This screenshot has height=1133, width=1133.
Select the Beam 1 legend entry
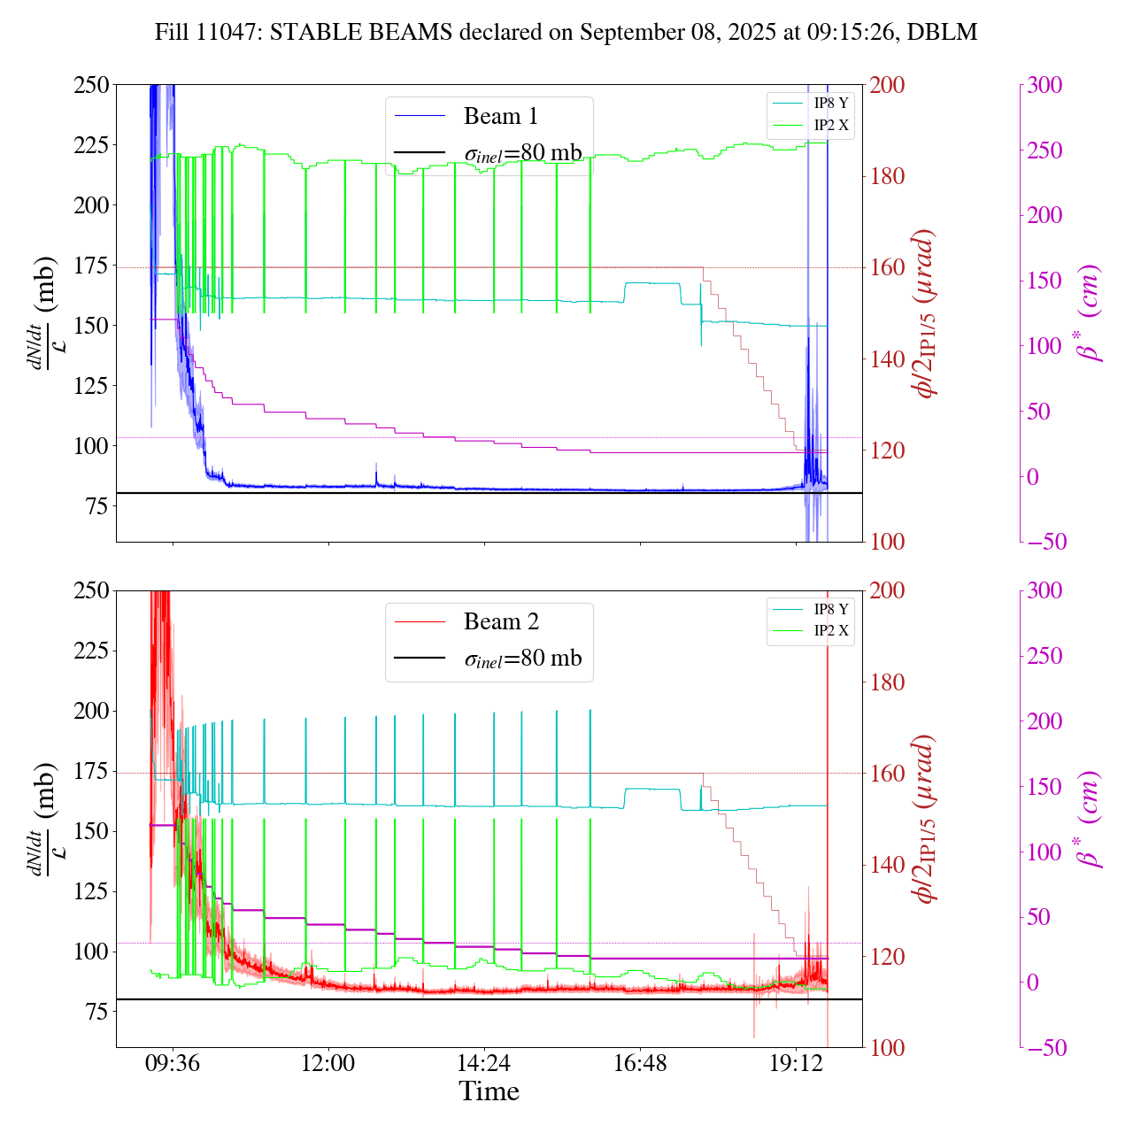pos(500,116)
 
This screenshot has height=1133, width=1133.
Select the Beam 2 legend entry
pos(501,621)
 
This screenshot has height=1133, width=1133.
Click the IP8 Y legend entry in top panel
pos(830,103)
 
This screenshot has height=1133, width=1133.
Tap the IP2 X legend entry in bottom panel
pos(830,631)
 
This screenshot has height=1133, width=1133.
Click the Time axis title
pos(489,1091)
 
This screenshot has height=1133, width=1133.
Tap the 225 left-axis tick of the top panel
pos(91,144)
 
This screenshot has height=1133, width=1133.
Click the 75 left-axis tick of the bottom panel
pos(97,1012)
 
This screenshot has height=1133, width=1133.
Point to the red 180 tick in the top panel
pos(888,176)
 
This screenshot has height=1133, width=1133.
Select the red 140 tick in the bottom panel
pos(888,865)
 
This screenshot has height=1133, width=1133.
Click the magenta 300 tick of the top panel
pos(1044,85)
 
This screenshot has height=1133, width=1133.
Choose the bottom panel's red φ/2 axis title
pos(926,819)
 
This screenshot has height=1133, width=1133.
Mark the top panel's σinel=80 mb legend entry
pos(523,152)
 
